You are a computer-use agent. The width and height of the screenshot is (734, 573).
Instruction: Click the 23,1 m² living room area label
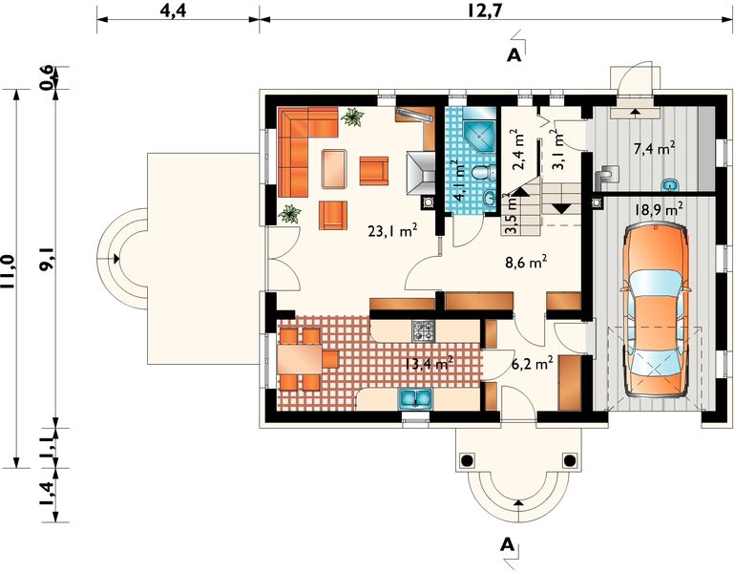tap(392, 230)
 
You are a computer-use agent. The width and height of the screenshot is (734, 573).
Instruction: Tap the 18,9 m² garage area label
tap(659, 208)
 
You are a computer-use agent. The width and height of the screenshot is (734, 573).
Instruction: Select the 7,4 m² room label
tap(654, 150)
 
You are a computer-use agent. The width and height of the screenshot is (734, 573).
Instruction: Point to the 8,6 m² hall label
tap(526, 263)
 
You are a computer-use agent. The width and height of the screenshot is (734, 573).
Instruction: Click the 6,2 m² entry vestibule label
tap(533, 363)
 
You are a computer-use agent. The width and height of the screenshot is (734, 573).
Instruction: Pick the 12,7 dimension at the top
tap(485, 11)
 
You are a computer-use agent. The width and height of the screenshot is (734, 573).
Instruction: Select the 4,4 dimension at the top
tap(173, 11)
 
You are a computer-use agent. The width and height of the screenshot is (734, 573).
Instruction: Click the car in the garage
tap(655, 310)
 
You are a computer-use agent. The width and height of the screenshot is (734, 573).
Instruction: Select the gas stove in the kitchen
tap(423, 330)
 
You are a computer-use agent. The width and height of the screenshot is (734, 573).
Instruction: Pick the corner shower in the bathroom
tap(479, 137)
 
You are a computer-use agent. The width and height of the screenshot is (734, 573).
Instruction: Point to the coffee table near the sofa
tap(335, 169)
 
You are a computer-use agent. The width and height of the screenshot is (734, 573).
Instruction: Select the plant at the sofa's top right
tap(352, 117)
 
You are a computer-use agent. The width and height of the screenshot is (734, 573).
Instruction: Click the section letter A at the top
tap(514, 55)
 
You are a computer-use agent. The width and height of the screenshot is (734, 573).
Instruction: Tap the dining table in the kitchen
tap(300, 359)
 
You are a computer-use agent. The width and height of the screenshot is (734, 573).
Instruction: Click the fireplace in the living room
tap(420, 174)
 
